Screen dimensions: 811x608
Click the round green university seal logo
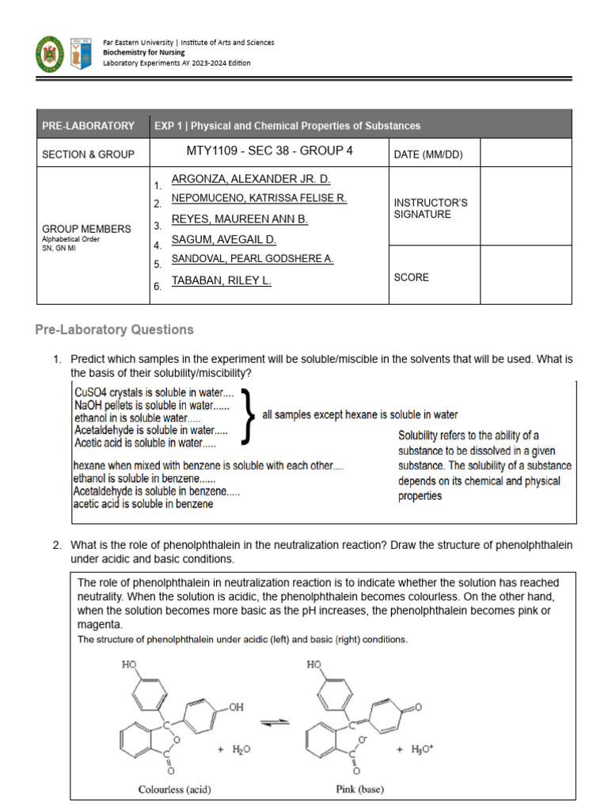[x=50, y=54]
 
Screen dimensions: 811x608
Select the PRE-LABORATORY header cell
[x=88, y=125]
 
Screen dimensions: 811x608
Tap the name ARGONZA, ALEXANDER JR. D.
[x=250, y=180]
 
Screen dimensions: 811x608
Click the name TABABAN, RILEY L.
[x=221, y=280]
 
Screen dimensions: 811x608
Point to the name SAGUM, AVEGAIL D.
[x=223, y=239]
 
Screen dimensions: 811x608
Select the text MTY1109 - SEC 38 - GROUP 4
[x=269, y=150]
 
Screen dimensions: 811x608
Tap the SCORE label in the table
[x=411, y=278]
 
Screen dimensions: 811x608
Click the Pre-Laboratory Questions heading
[x=115, y=329]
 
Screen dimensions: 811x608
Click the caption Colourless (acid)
[x=174, y=789]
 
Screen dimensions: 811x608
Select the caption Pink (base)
[x=355, y=789]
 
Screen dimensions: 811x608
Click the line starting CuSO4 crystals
[x=153, y=392]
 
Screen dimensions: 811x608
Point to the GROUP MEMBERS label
[x=86, y=229]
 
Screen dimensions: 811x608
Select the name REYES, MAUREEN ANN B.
[x=239, y=219]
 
